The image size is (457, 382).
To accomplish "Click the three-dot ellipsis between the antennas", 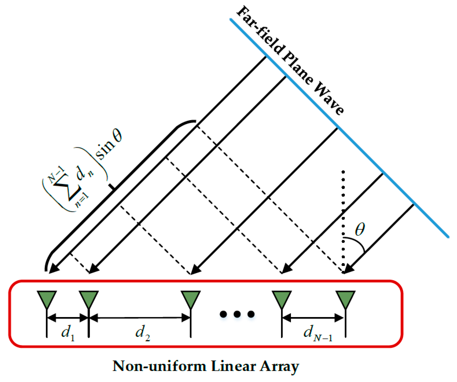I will [237, 314].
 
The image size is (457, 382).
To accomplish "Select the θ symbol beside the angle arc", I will [360, 229].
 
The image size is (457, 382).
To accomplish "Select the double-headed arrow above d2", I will [140, 318].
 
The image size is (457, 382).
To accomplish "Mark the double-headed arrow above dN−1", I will [313, 318].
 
